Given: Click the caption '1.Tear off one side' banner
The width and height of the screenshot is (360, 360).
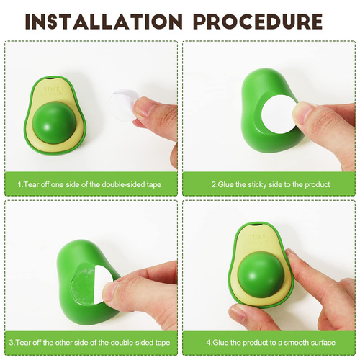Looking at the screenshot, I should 90,185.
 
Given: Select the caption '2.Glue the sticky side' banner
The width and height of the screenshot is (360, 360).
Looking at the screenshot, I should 270,185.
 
